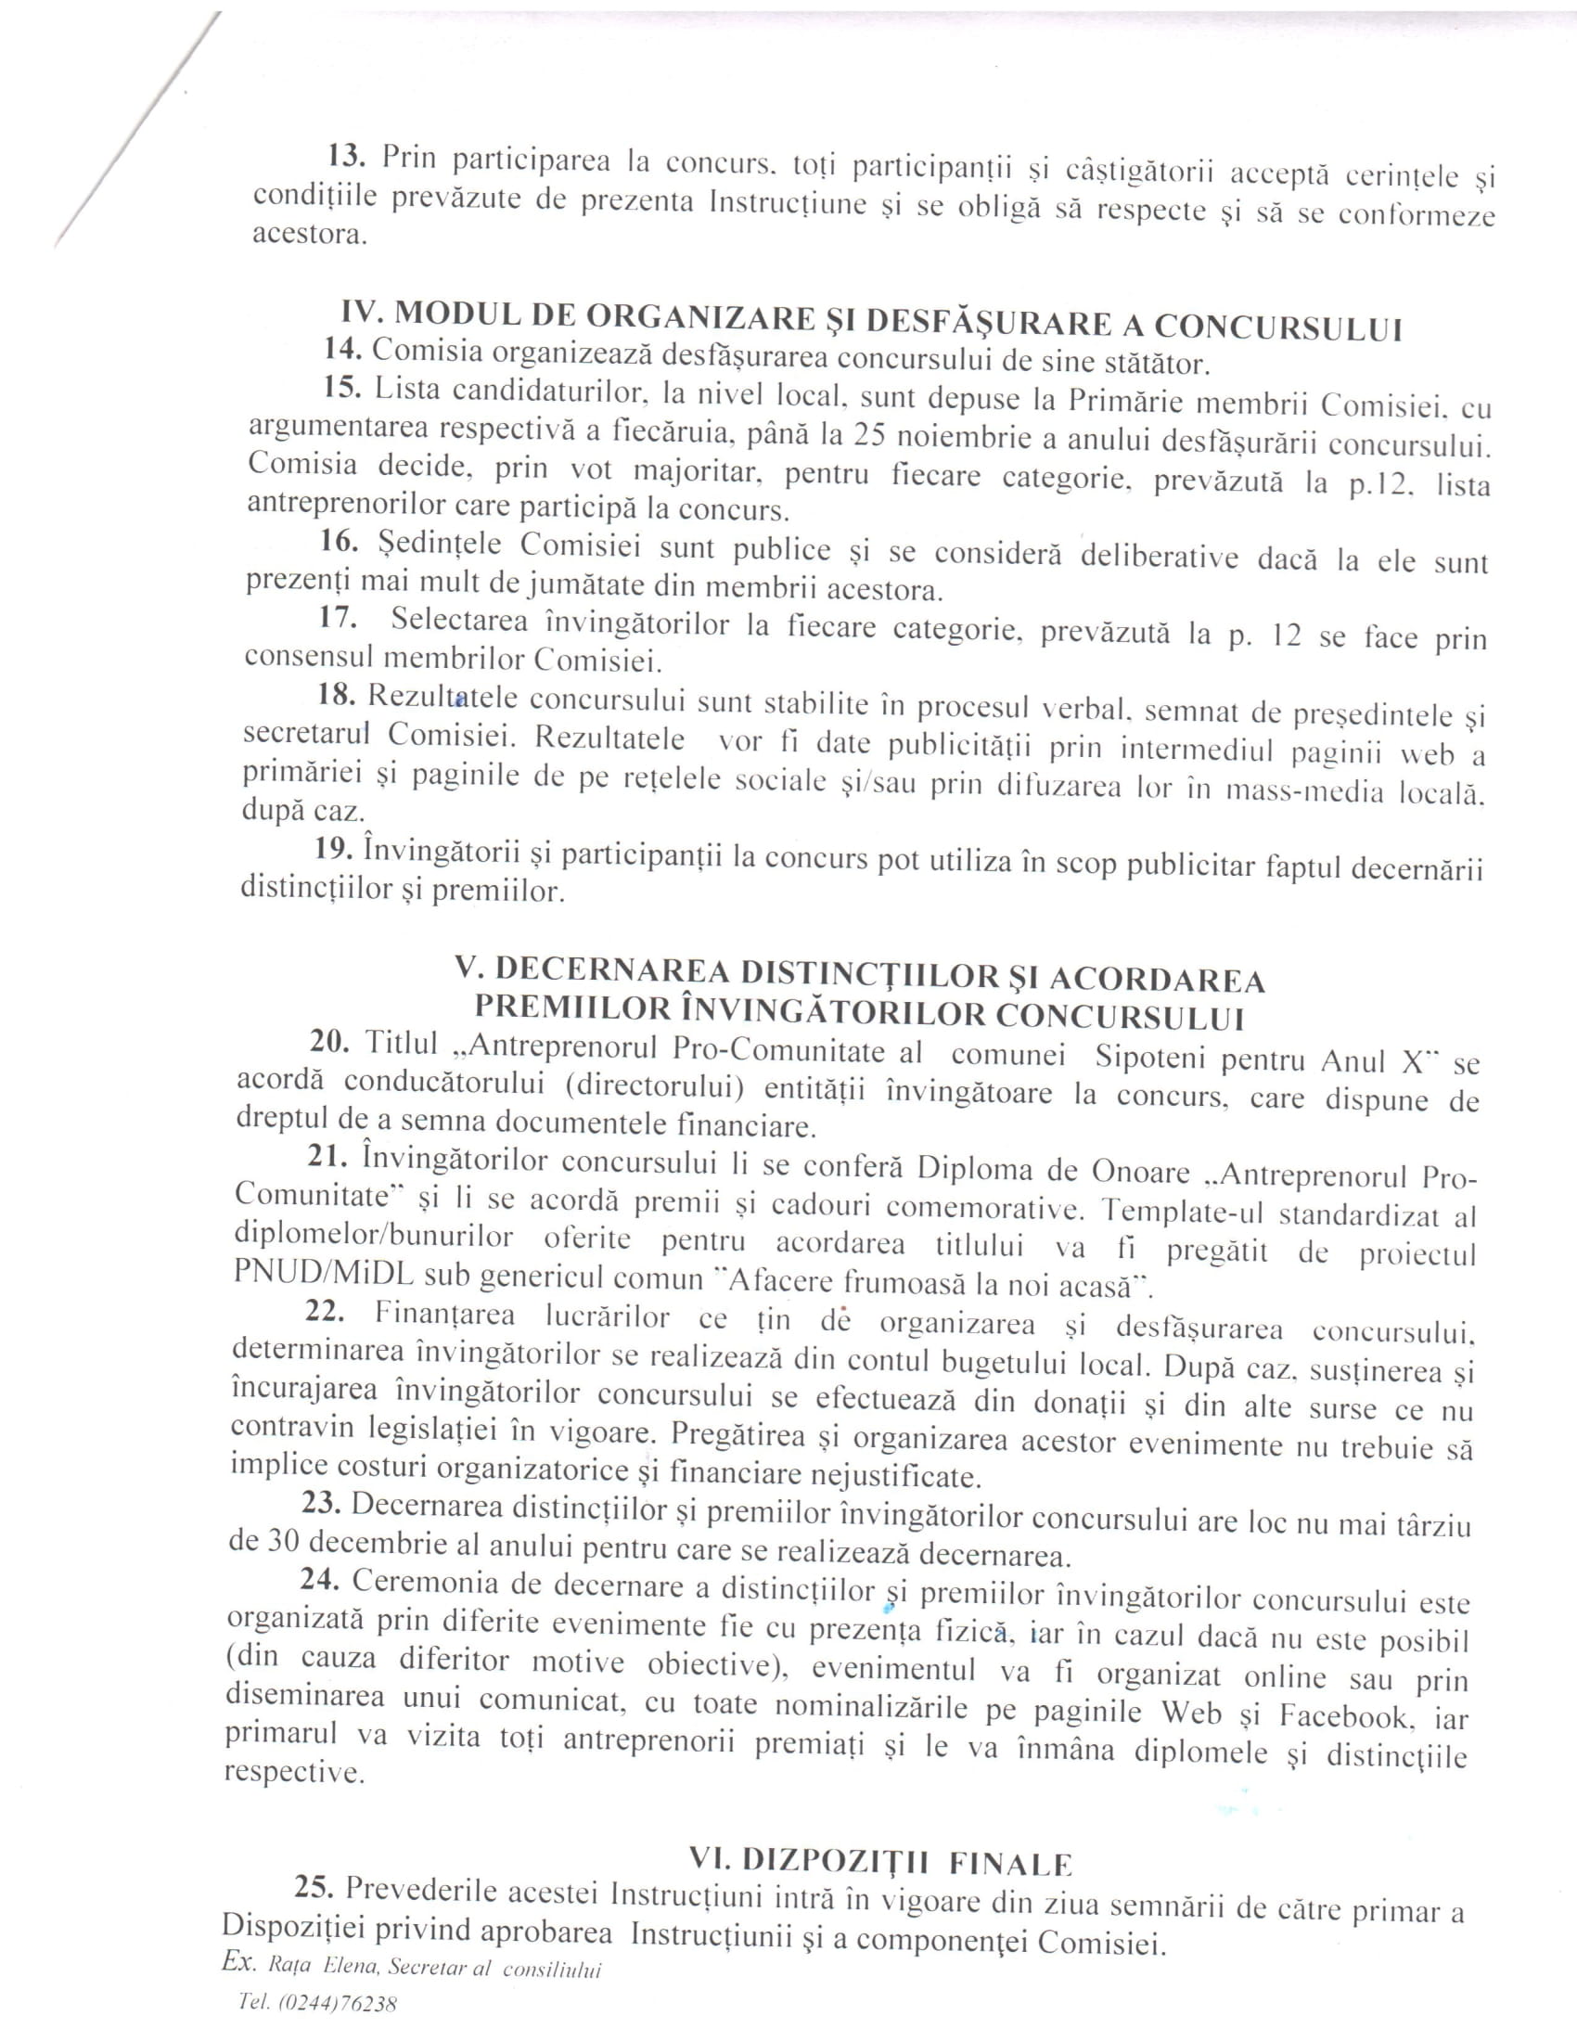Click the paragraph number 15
pos(342,387)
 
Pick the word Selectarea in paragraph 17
pos(458,621)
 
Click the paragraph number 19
pos(333,849)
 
